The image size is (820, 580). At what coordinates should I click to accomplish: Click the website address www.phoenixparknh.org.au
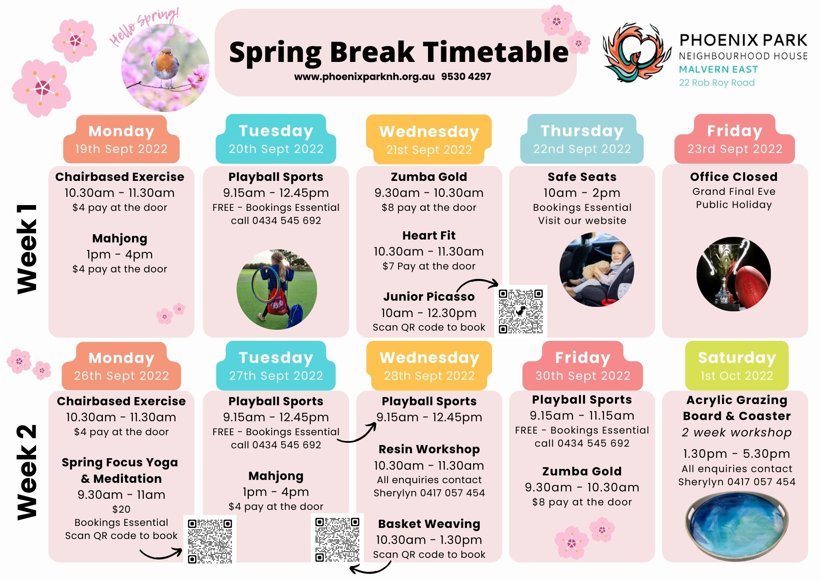pyautogui.click(x=364, y=77)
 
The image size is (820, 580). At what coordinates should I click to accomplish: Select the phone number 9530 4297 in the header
pyautogui.click(x=466, y=77)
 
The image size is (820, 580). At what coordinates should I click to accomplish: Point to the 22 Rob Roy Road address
pyautogui.click(x=717, y=82)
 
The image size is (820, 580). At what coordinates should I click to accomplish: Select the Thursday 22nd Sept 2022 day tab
pyautogui.click(x=582, y=139)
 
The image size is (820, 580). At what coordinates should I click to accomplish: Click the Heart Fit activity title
pyautogui.click(x=429, y=235)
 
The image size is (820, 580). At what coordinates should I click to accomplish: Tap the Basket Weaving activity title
pyautogui.click(x=429, y=524)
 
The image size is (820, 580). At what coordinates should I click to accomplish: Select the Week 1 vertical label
pyautogui.click(x=27, y=249)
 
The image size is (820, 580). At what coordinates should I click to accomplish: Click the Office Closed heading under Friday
pyautogui.click(x=733, y=177)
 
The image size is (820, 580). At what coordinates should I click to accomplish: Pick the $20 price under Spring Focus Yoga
pyautogui.click(x=121, y=509)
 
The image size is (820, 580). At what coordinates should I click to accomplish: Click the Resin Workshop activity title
pyautogui.click(x=429, y=449)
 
